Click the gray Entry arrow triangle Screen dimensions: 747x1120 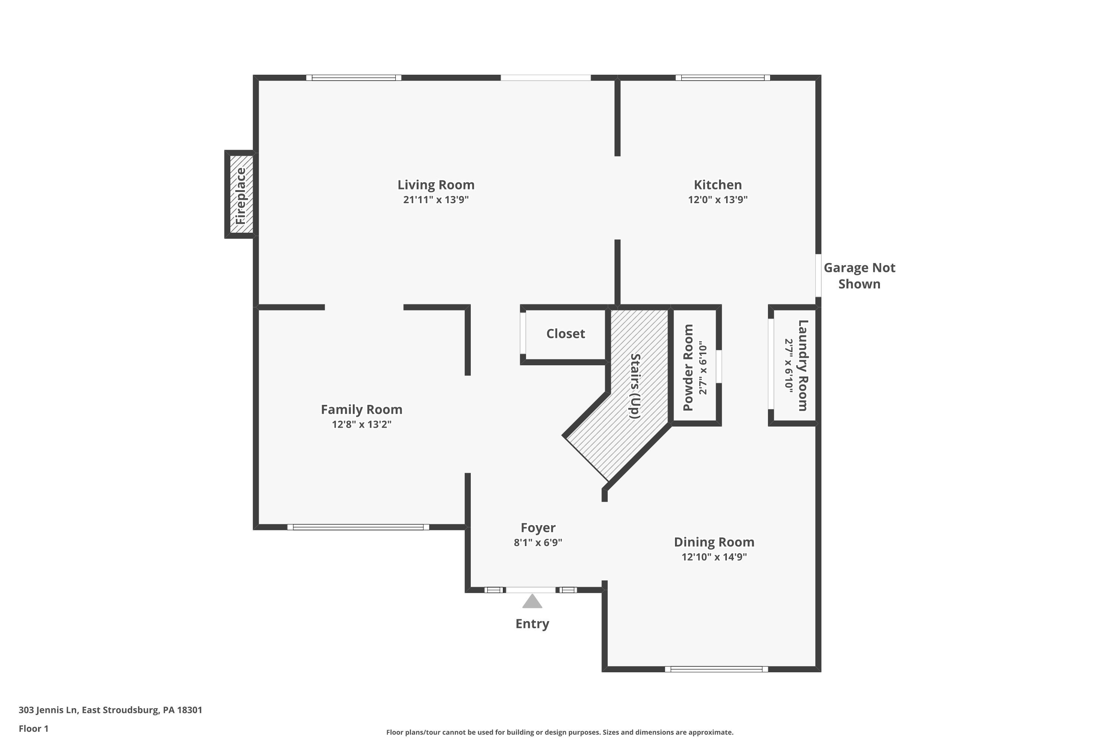click(x=532, y=602)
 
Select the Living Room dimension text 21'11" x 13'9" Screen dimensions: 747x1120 click(x=436, y=199)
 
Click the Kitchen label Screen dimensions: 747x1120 click(x=717, y=185)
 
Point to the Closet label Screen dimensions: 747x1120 click(x=565, y=334)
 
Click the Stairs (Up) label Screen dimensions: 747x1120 click(x=635, y=386)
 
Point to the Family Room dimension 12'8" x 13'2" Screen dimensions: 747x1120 click(x=361, y=424)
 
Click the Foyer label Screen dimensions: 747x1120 click(x=538, y=528)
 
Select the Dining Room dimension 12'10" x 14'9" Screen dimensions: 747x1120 click(x=714, y=557)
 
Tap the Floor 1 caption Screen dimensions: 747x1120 click(x=33, y=728)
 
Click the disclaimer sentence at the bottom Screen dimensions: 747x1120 click(x=560, y=732)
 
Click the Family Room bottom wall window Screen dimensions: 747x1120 click(x=358, y=527)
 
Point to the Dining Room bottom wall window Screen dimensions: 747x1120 click(x=716, y=669)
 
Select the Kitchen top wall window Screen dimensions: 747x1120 click(x=722, y=78)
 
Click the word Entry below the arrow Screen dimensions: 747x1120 click(x=532, y=624)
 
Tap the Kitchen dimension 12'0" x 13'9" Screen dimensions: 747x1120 click(x=717, y=199)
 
